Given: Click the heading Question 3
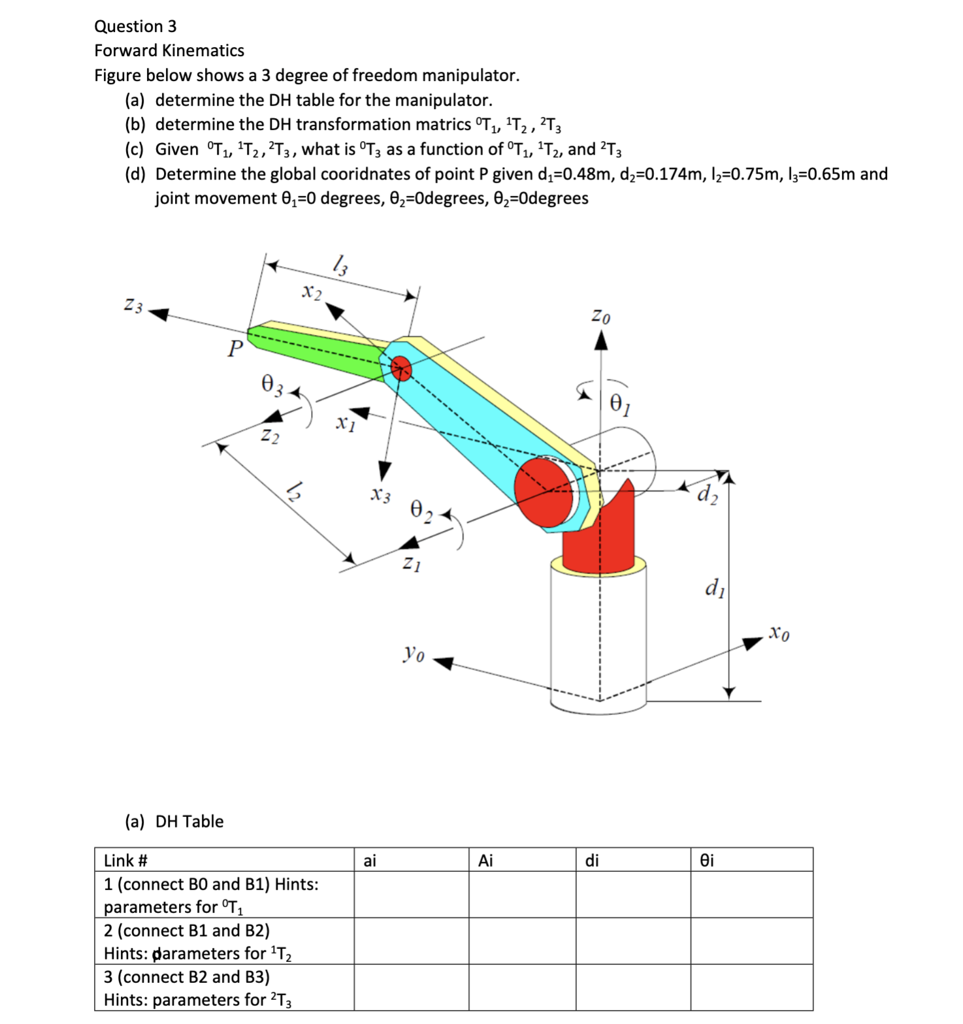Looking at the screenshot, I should tap(135, 26).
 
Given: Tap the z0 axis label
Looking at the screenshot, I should tap(600, 317).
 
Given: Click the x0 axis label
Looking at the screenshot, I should tap(779, 633).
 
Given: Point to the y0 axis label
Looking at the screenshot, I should tap(414, 652).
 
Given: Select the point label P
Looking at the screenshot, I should tap(235, 349).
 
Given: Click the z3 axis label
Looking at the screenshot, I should tap(133, 305).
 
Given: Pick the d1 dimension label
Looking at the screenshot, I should tap(715, 588).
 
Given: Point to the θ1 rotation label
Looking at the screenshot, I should tap(620, 405).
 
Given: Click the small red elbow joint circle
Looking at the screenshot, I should tap(401, 368).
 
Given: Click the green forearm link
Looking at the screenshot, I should tap(314, 350).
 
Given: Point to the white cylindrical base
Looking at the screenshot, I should tap(598, 633).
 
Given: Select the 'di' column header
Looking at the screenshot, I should tap(592, 861).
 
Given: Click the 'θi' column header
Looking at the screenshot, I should tap(707, 861).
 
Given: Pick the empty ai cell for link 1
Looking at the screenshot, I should tap(411, 895).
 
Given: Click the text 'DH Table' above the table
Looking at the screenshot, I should tap(189, 822).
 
